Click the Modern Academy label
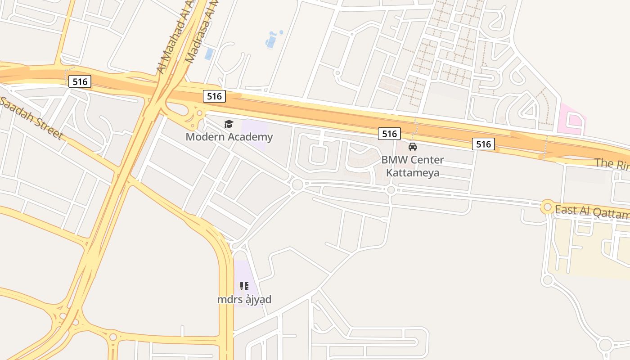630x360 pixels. click(229, 137)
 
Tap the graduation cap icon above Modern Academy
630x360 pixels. click(229, 124)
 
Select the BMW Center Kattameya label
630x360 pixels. click(413, 166)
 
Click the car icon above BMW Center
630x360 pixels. click(413, 146)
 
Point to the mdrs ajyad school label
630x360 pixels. click(244, 299)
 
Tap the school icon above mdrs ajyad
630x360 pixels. click(244, 286)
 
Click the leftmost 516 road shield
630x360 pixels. click(80, 81)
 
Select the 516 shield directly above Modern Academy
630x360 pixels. click(214, 96)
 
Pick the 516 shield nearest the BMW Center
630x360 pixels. click(389, 133)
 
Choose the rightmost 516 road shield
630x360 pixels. click(483, 144)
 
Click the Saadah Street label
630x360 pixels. click(31, 118)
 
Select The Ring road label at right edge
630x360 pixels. click(612, 164)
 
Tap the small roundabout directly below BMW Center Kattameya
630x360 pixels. click(391, 190)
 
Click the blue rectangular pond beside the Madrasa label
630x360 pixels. click(209, 54)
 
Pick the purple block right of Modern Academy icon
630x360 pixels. click(255, 134)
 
